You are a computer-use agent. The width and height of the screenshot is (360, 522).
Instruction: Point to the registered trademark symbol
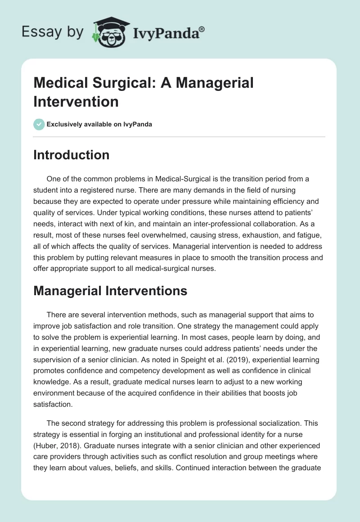pos(202,29)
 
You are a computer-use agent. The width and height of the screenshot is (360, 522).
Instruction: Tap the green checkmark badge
pos(39,124)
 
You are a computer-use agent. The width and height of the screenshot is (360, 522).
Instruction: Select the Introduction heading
pos(71,155)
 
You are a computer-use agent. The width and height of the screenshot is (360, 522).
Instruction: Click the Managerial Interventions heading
pos(110,291)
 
